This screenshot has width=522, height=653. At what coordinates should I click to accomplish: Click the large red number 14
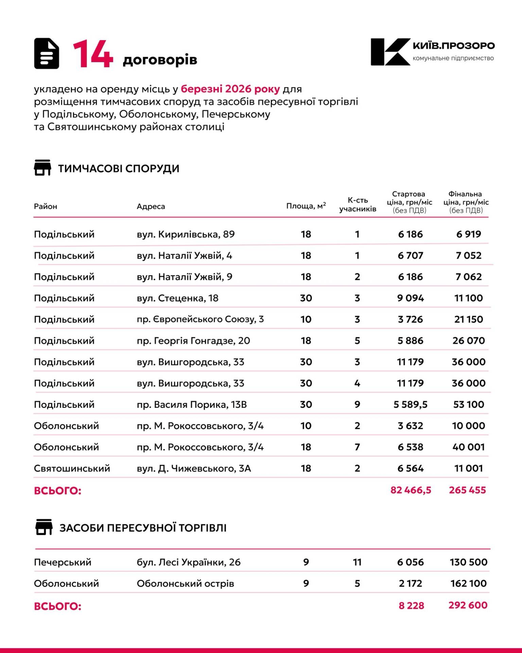(x=93, y=54)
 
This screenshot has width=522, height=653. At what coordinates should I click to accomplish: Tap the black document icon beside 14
(x=47, y=54)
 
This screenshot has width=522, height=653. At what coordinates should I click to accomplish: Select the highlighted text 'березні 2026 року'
(x=230, y=89)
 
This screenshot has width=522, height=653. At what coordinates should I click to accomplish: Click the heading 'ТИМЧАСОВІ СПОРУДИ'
(x=119, y=169)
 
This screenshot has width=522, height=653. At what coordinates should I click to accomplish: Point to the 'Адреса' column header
(x=151, y=206)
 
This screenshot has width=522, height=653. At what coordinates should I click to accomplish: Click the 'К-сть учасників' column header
(x=358, y=204)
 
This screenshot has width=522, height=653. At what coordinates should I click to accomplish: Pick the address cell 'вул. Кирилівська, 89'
(x=186, y=234)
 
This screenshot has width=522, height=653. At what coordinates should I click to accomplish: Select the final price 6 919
(x=468, y=234)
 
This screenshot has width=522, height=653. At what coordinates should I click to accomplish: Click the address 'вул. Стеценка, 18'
(x=177, y=298)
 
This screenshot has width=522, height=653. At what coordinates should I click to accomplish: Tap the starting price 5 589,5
(x=411, y=405)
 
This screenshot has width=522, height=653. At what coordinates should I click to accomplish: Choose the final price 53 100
(x=468, y=405)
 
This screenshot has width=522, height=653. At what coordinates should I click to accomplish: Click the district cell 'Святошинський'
(x=72, y=469)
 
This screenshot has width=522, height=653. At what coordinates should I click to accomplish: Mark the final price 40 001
(x=468, y=447)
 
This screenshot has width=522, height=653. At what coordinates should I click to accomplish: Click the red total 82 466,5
(x=411, y=490)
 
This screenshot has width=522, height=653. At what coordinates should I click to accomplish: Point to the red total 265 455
(x=467, y=490)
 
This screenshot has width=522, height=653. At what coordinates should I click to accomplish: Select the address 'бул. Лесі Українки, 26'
(x=189, y=563)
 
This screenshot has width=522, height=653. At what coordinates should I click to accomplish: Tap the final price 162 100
(x=468, y=584)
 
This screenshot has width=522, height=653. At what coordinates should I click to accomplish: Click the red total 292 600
(x=468, y=605)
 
